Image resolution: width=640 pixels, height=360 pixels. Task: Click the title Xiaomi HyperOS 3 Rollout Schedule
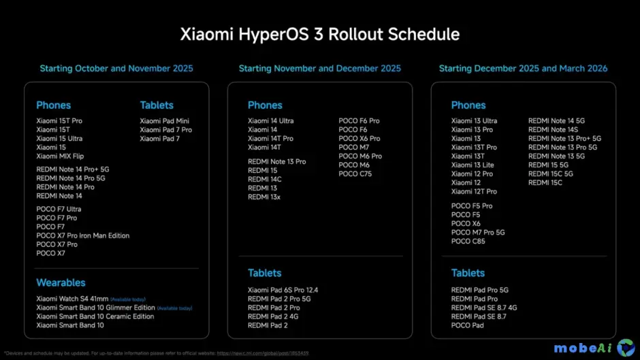tap(319, 34)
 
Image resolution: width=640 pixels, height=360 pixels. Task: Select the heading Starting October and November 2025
tap(116, 69)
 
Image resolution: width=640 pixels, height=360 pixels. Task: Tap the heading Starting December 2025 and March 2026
tap(523, 69)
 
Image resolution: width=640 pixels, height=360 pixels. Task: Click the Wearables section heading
tap(61, 282)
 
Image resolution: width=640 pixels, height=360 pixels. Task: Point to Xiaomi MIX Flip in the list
tap(60, 156)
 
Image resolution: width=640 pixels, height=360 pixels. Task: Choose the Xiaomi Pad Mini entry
tap(164, 121)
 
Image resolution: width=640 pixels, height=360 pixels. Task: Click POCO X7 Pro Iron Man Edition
tap(82, 235)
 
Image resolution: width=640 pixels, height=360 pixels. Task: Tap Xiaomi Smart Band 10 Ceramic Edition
tap(95, 316)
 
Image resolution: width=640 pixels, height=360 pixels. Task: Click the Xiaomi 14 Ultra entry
tap(272, 121)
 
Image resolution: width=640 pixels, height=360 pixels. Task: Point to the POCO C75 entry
tap(355, 174)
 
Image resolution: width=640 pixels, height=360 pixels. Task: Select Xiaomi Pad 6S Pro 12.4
tap(283, 291)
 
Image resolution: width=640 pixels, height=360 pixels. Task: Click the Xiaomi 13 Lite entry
tap(473, 165)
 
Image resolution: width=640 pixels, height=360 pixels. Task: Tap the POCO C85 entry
tap(468, 241)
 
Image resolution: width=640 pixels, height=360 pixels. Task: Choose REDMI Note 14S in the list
tap(553, 130)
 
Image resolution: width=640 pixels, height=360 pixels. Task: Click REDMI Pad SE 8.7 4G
tap(483, 308)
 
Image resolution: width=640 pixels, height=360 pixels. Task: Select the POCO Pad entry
tap(467, 325)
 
